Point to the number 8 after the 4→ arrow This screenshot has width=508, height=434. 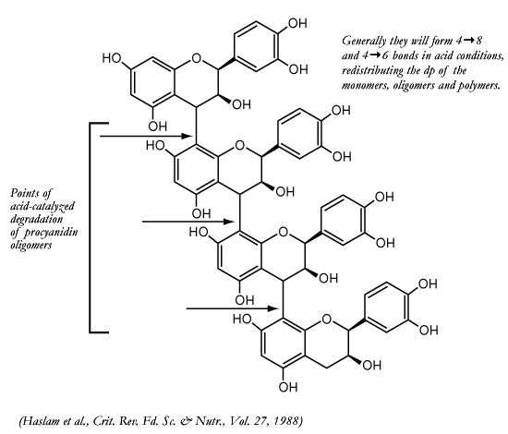tap(478, 41)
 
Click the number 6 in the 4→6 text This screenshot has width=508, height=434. tap(384, 55)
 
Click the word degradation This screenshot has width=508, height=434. tap(36, 219)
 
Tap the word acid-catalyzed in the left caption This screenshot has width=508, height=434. tap(42, 207)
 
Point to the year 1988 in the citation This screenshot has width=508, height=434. tap(287, 421)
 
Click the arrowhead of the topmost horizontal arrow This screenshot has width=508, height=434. tap(187, 137)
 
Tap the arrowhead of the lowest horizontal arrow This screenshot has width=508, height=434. tap(274, 308)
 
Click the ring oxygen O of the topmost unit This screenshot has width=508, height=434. tap(197, 58)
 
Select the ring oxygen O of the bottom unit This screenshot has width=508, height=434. tap(327, 319)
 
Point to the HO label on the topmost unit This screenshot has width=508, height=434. tap(112, 58)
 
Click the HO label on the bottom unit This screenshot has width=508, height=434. tap(243, 319)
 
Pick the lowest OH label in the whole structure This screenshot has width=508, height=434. tap(288, 387)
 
